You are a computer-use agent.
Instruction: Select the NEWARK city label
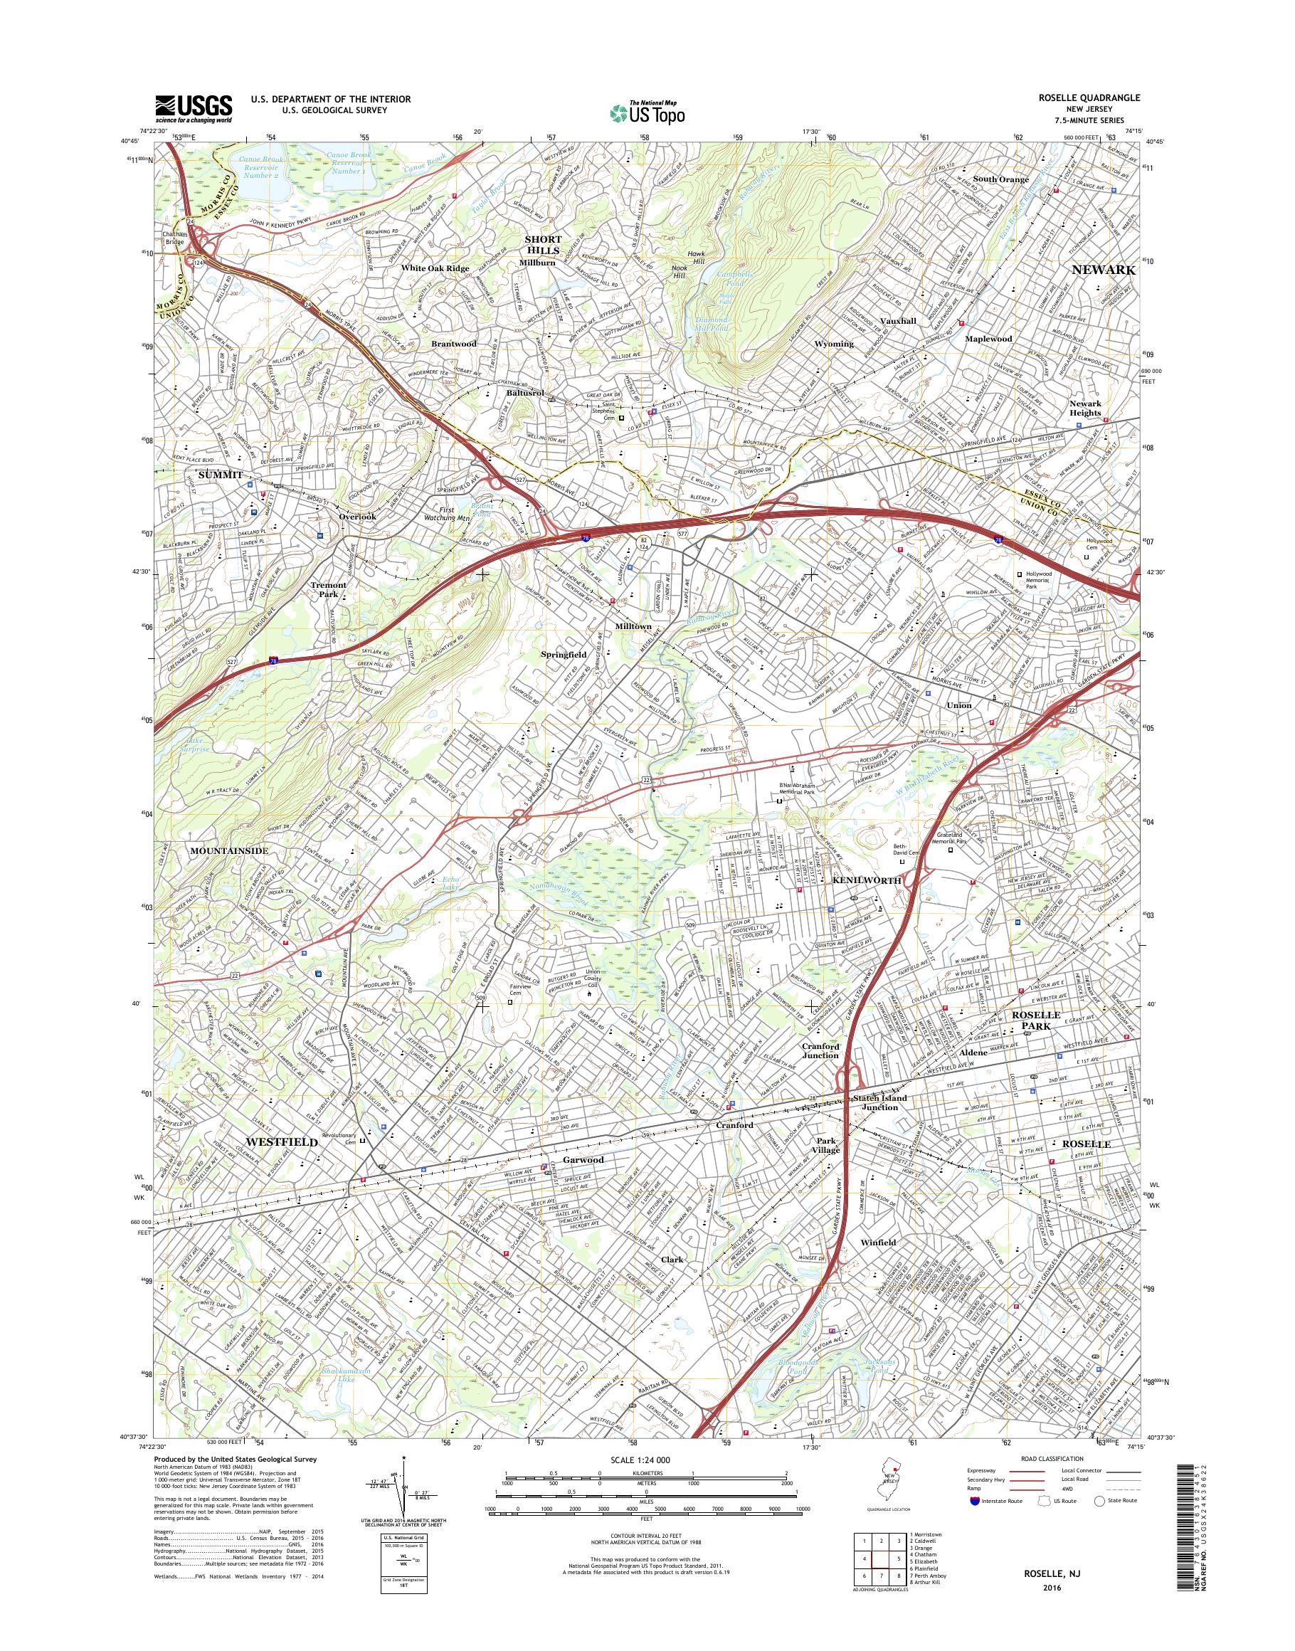[1103, 270]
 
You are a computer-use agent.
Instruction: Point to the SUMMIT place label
[220, 474]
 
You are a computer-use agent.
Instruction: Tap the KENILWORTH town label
[867, 880]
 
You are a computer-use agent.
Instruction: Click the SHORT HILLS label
[543, 244]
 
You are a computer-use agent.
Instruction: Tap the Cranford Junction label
[820, 1050]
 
